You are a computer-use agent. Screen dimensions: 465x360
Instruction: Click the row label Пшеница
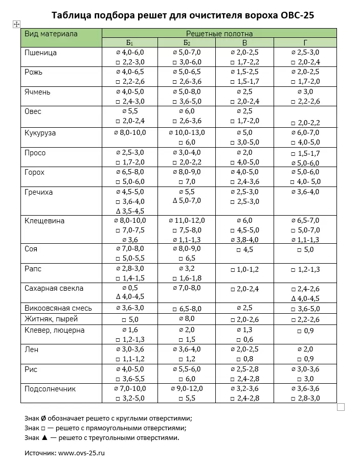pyautogui.click(x=41, y=53)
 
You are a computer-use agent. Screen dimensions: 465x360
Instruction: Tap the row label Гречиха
pyautogui.click(x=39, y=193)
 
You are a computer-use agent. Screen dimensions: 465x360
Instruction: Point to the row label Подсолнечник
pyautogui.click(x=50, y=389)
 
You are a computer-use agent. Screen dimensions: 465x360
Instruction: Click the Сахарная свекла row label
pyautogui.click(x=54, y=288)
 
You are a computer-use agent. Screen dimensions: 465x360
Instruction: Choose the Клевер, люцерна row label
pyautogui.click(x=55, y=330)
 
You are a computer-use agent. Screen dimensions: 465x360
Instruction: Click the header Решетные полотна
pyautogui.click(x=219, y=34)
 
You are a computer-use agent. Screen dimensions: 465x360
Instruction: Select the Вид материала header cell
pyautogui.click(x=51, y=34)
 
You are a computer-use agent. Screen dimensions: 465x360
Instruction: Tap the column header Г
pyautogui.click(x=305, y=43)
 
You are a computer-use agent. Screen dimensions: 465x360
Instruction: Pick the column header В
pyautogui.click(x=244, y=43)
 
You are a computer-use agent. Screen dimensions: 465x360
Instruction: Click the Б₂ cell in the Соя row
pyautogui.click(x=187, y=253)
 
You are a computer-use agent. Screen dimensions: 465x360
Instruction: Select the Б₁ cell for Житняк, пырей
pyautogui.click(x=130, y=319)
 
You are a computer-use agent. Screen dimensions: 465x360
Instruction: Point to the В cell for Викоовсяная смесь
pyautogui.click(x=244, y=308)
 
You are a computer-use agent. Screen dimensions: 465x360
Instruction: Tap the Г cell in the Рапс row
pyautogui.click(x=305, y=269)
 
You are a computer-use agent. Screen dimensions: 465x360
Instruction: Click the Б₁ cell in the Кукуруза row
pyautogui.click(x=130, y=133)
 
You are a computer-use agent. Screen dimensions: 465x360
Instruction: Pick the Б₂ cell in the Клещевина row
pyautogui.click(x=187, y=230)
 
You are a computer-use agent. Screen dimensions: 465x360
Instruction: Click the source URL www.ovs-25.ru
pyautogui.click(x=82, y=453)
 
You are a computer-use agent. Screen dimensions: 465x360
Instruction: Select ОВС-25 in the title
pyautogui.click(x=298, y=15)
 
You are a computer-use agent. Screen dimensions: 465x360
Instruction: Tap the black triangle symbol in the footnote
pyautogui.click(x=45, y=438)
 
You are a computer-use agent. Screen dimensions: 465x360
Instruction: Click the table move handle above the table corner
pyautogui.click(x=16, y=24)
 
